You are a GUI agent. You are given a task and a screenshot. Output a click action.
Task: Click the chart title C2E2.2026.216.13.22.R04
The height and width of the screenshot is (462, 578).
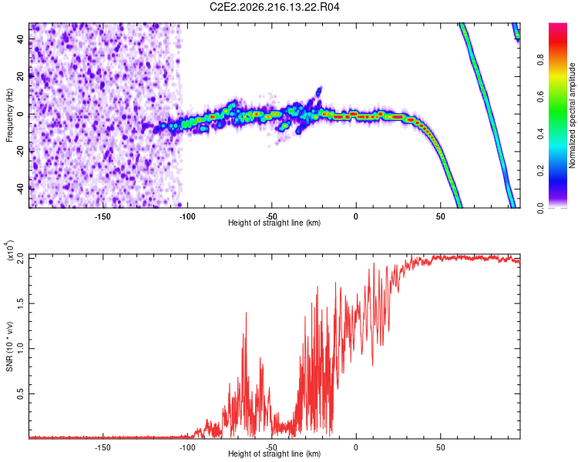[274, 7]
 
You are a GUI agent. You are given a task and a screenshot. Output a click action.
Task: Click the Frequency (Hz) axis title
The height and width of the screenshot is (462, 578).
[9, 115]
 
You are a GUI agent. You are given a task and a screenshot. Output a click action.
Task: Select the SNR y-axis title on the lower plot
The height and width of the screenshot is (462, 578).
[9, 346]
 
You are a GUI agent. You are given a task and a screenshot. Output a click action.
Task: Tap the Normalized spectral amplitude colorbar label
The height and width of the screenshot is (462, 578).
[572, 115]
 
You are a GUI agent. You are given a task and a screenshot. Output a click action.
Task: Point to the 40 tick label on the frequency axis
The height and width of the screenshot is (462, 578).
[21, 38]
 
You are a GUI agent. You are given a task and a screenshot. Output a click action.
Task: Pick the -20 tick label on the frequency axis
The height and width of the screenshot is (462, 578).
[21, 152]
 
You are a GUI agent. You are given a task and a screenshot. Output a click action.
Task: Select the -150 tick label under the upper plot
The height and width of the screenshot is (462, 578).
[102, 216]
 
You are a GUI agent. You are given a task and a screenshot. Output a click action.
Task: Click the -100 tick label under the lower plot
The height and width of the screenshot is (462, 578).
[187, 447]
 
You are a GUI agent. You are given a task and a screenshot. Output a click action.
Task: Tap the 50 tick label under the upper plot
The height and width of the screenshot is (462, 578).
[441, 216]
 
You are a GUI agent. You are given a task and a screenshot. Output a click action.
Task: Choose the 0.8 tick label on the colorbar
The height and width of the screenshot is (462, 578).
[541, 59]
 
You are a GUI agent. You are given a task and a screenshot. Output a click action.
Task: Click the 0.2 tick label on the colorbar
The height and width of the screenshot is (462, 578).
[541, 171]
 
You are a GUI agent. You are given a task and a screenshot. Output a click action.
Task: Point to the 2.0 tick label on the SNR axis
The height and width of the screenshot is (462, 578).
[21, 258]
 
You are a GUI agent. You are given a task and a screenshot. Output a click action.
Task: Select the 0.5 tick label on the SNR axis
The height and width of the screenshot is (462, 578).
[21, 393]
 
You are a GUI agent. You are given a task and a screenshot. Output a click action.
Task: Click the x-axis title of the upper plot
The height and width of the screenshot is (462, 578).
[274, 223]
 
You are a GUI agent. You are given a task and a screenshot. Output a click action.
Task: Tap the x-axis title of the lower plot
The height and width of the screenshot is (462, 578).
[274, 454]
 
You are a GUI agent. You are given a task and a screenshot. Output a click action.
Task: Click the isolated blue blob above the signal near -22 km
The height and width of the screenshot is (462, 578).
[319, 92]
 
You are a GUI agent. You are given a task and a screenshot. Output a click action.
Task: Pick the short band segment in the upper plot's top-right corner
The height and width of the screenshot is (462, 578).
[516, 32]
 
